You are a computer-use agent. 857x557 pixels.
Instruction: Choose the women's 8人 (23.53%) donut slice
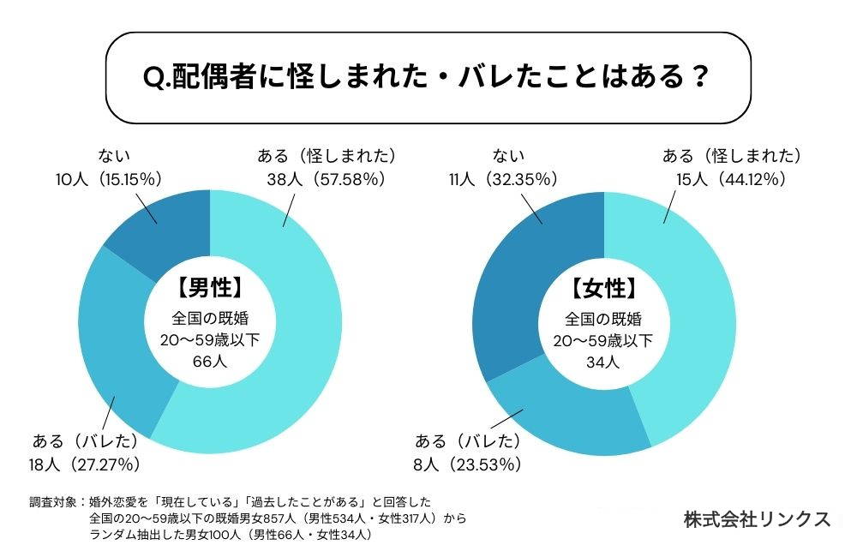(566, 411)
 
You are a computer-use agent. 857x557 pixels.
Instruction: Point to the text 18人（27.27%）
(84, 464)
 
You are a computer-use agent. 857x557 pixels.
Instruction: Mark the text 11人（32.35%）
(503, 179)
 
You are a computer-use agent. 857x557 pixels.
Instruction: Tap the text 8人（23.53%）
(470, 464)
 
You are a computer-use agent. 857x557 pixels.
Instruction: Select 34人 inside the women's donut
(604, 361)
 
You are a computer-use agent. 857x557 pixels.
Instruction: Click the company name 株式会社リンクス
(757, 518)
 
